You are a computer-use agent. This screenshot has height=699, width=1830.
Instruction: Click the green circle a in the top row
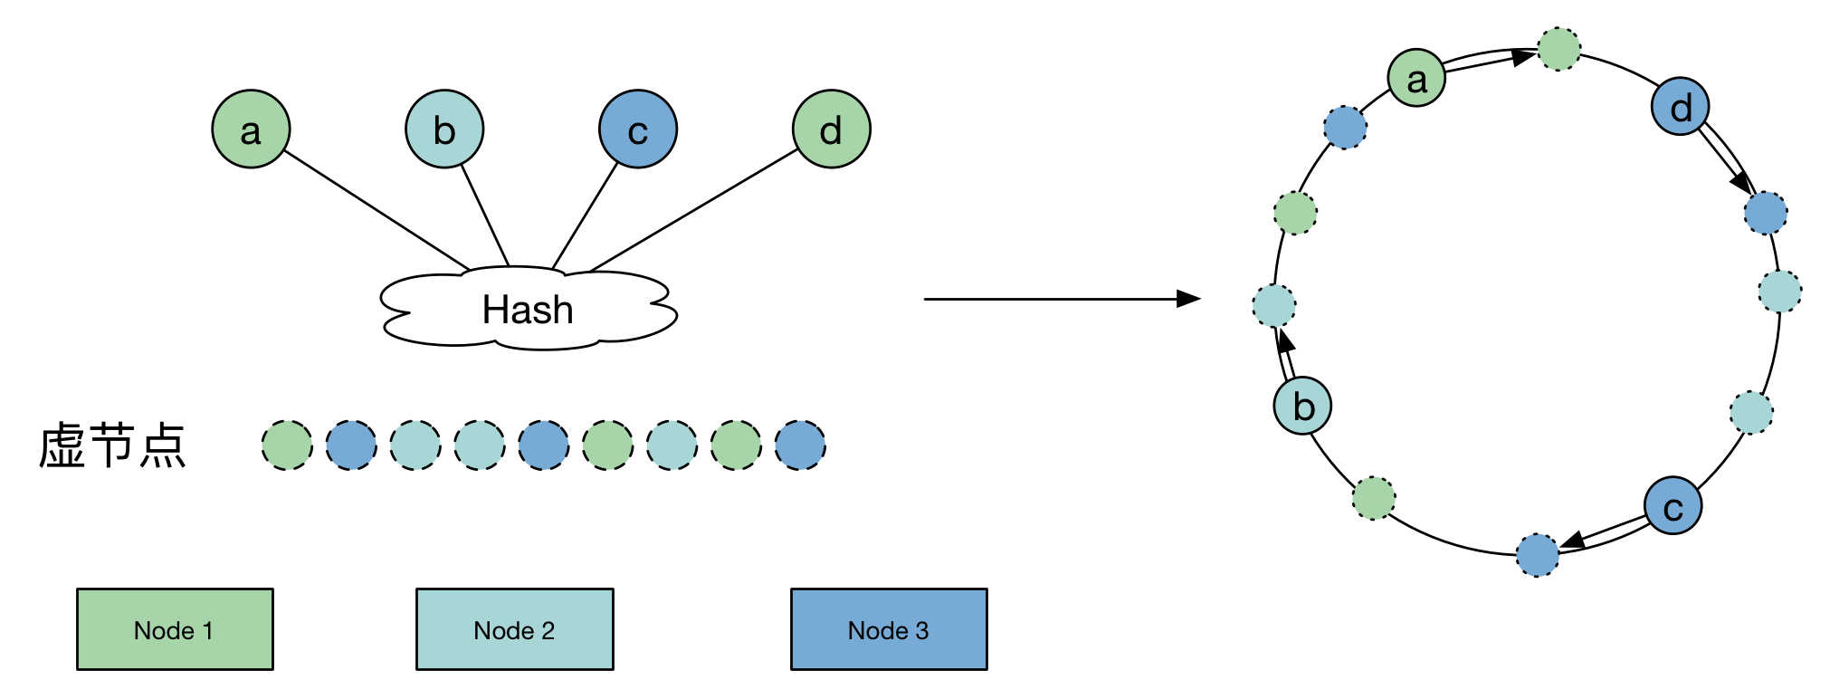tap(251, 129)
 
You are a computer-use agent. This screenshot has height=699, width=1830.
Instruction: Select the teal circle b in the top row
tap(444, 129)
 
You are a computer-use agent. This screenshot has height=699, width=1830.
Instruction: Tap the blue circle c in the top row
tap(638, 129)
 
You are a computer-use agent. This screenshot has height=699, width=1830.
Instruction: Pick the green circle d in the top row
tap(832, 129)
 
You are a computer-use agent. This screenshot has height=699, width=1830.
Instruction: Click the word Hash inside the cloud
tap(528, 310)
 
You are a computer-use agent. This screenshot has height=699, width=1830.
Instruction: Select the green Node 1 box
tap(175, 629)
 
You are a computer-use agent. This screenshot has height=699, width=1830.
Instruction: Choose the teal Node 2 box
tap(514, 629)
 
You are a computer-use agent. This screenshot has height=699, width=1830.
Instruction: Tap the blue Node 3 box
tap(889, 629)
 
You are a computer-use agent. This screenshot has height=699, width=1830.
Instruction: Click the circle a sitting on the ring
tap(1417, 79)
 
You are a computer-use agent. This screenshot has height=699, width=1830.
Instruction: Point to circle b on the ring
tap(1303, 405)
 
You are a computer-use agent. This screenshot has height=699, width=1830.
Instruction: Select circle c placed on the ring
tap(1673, 505)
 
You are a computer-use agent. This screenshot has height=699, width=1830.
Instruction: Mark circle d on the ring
tap(1681, 108)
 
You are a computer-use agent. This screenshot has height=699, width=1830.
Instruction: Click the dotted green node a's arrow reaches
tap(1559, 49)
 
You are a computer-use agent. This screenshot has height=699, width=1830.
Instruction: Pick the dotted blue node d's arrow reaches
tap(1766, 214)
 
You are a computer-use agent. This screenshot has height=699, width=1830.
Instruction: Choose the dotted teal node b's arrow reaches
tap(1274, 305)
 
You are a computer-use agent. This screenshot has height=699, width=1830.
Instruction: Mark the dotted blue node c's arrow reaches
tap(1538, 555)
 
